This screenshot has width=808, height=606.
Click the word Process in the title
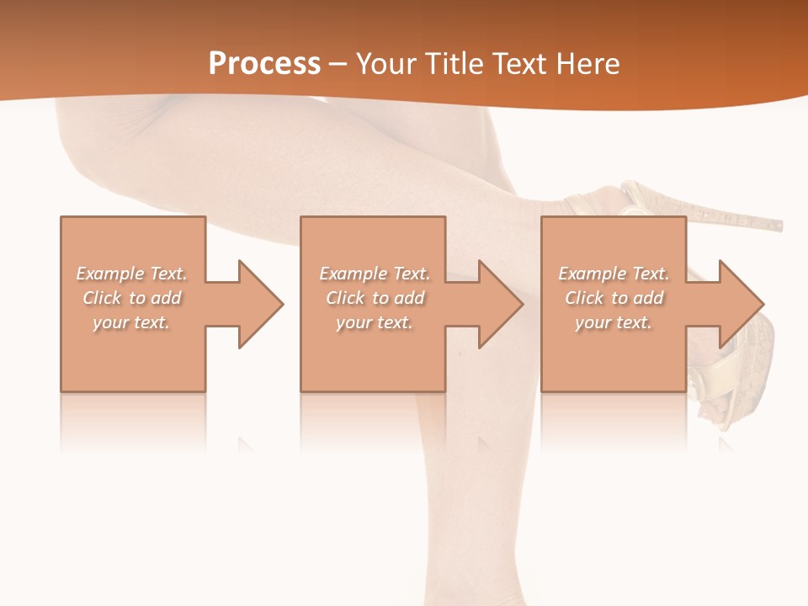(x=264, y=64)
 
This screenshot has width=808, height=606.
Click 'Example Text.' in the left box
(x=131, y=274)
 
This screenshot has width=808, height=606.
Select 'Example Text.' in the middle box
(x=374, y=274)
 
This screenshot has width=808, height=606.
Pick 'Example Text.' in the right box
(x=614, y=274)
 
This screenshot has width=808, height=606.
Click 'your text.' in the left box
(x=131, y=322)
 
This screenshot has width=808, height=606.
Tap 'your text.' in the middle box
(x=374, y=322)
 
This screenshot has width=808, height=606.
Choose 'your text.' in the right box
(x=614, y=322)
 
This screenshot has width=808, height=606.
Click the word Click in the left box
(x=103, y=298)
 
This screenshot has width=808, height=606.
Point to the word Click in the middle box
(x=346, y=298)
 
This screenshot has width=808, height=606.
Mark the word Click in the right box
(x=585, y=298)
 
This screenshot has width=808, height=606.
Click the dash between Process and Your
(x=338, y=65)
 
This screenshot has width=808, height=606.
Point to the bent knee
(x=84, y=143)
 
